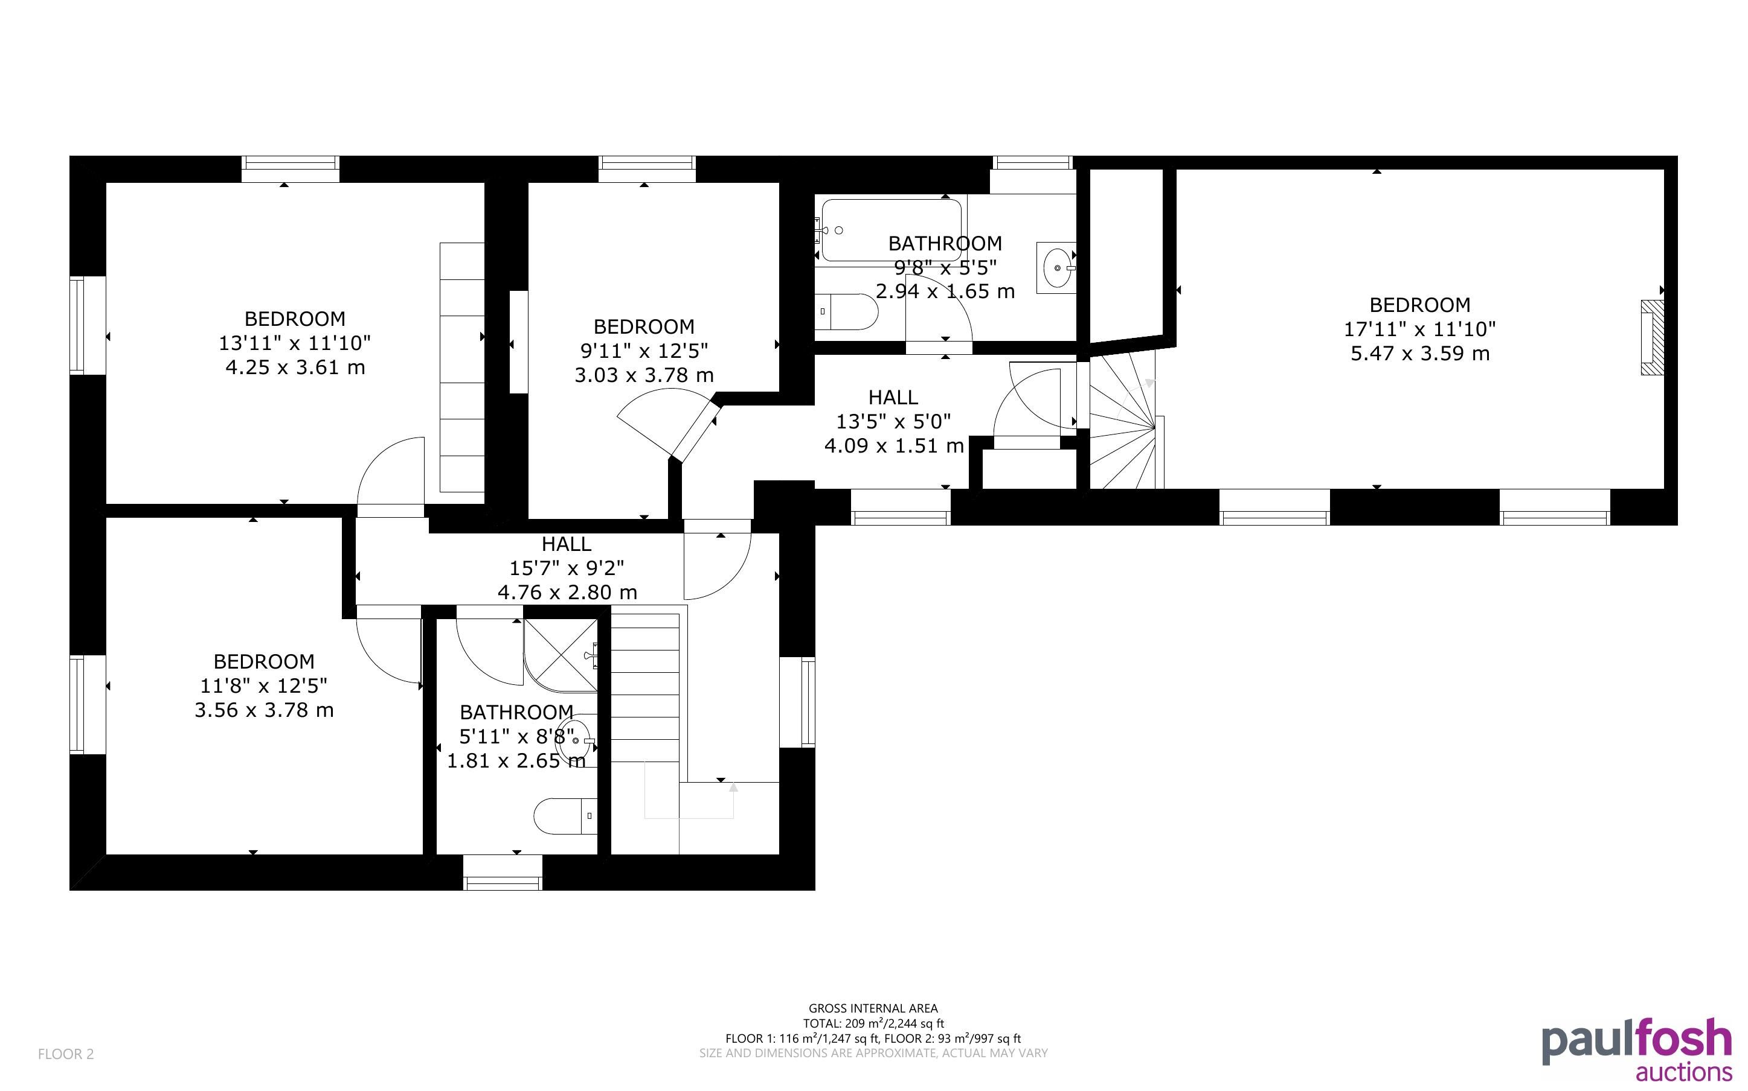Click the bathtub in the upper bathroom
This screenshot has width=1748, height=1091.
coord(892,230)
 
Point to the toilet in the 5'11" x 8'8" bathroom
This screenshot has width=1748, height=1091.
coord(565,816)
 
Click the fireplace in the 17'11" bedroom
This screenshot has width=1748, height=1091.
coord(1652,338)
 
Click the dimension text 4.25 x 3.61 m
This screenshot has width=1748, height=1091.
coord(295,367)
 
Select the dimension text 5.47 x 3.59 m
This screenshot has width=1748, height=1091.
coord(1420,354)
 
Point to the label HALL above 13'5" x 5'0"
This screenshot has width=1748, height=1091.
coord(893,397)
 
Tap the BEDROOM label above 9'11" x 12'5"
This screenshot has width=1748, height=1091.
coord(644,327)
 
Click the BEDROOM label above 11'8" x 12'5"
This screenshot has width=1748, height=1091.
coord(265,662)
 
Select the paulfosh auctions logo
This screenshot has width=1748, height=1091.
coord(1637,1049)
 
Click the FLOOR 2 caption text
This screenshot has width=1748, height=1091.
coord(66,1054)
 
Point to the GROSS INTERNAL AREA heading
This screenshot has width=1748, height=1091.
coord(873,1009)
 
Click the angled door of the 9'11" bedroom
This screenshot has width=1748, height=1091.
coord(694,431)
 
